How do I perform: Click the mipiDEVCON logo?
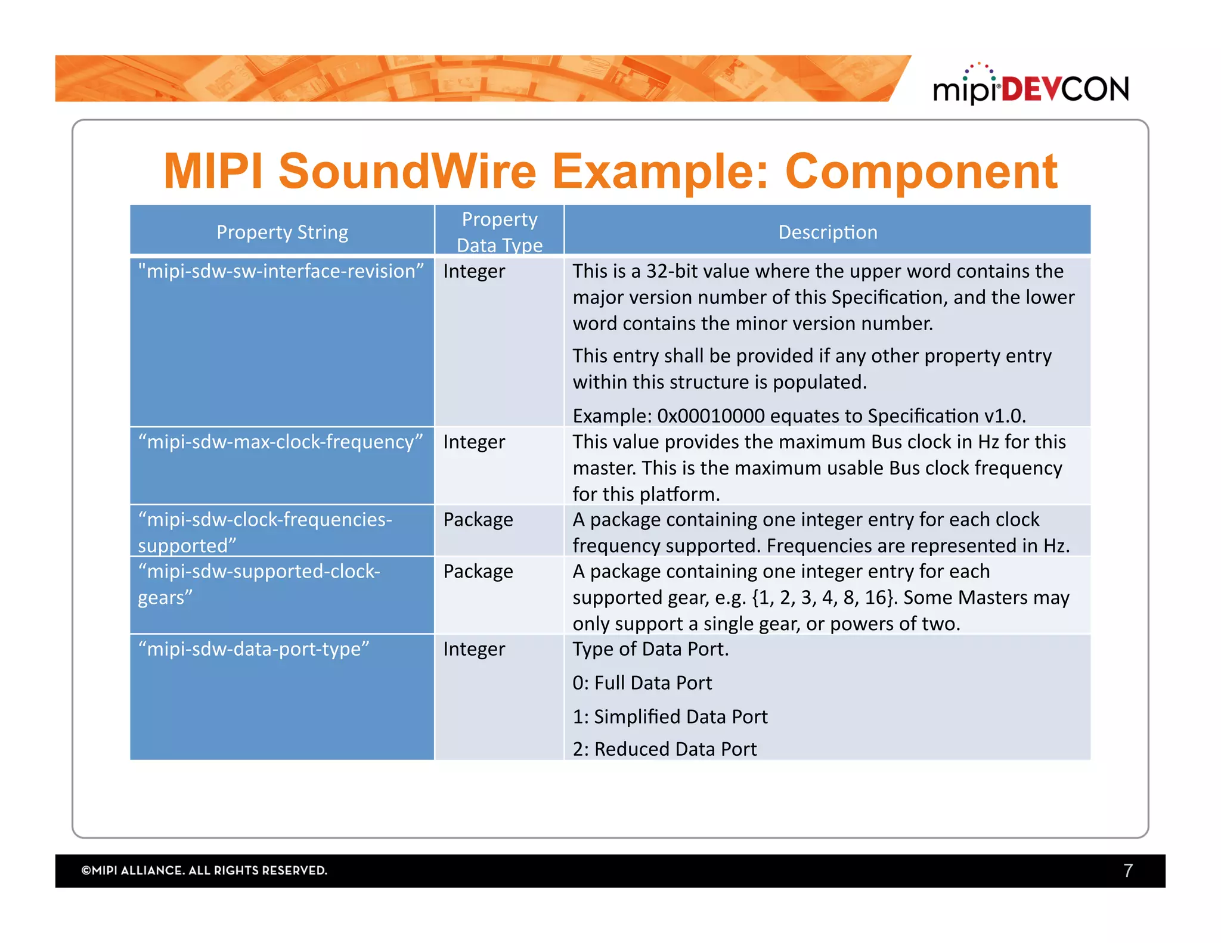click(1031, 87)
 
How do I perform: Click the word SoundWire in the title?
click(407, 172)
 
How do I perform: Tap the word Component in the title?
click(921, 172)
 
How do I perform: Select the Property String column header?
click(282, 232)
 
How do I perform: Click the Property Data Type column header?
click(500, 232)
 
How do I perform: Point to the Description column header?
click(828, 232)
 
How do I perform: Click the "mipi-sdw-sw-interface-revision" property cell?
click(281, 271)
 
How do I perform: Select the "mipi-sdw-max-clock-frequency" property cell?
click(280, 442)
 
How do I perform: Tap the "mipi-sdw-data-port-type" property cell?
click(254, 649)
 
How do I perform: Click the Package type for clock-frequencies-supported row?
click(478, 520)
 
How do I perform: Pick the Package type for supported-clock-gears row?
click(478, 572)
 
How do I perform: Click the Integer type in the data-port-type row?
click(474, 649)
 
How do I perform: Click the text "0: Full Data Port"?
click(642, 683)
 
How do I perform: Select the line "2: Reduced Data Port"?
click(665, 749)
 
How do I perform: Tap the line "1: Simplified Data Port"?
click(670, 716)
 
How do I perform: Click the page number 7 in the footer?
click(1127, 871)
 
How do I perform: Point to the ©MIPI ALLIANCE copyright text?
click(204, 871)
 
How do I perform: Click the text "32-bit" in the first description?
click(673, 271)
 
